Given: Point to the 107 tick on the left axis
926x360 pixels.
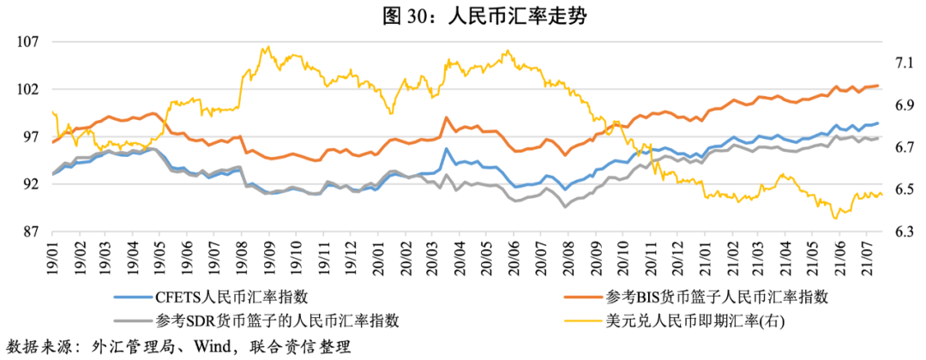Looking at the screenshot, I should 27,42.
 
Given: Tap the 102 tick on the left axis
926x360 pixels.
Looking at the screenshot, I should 27,89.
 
